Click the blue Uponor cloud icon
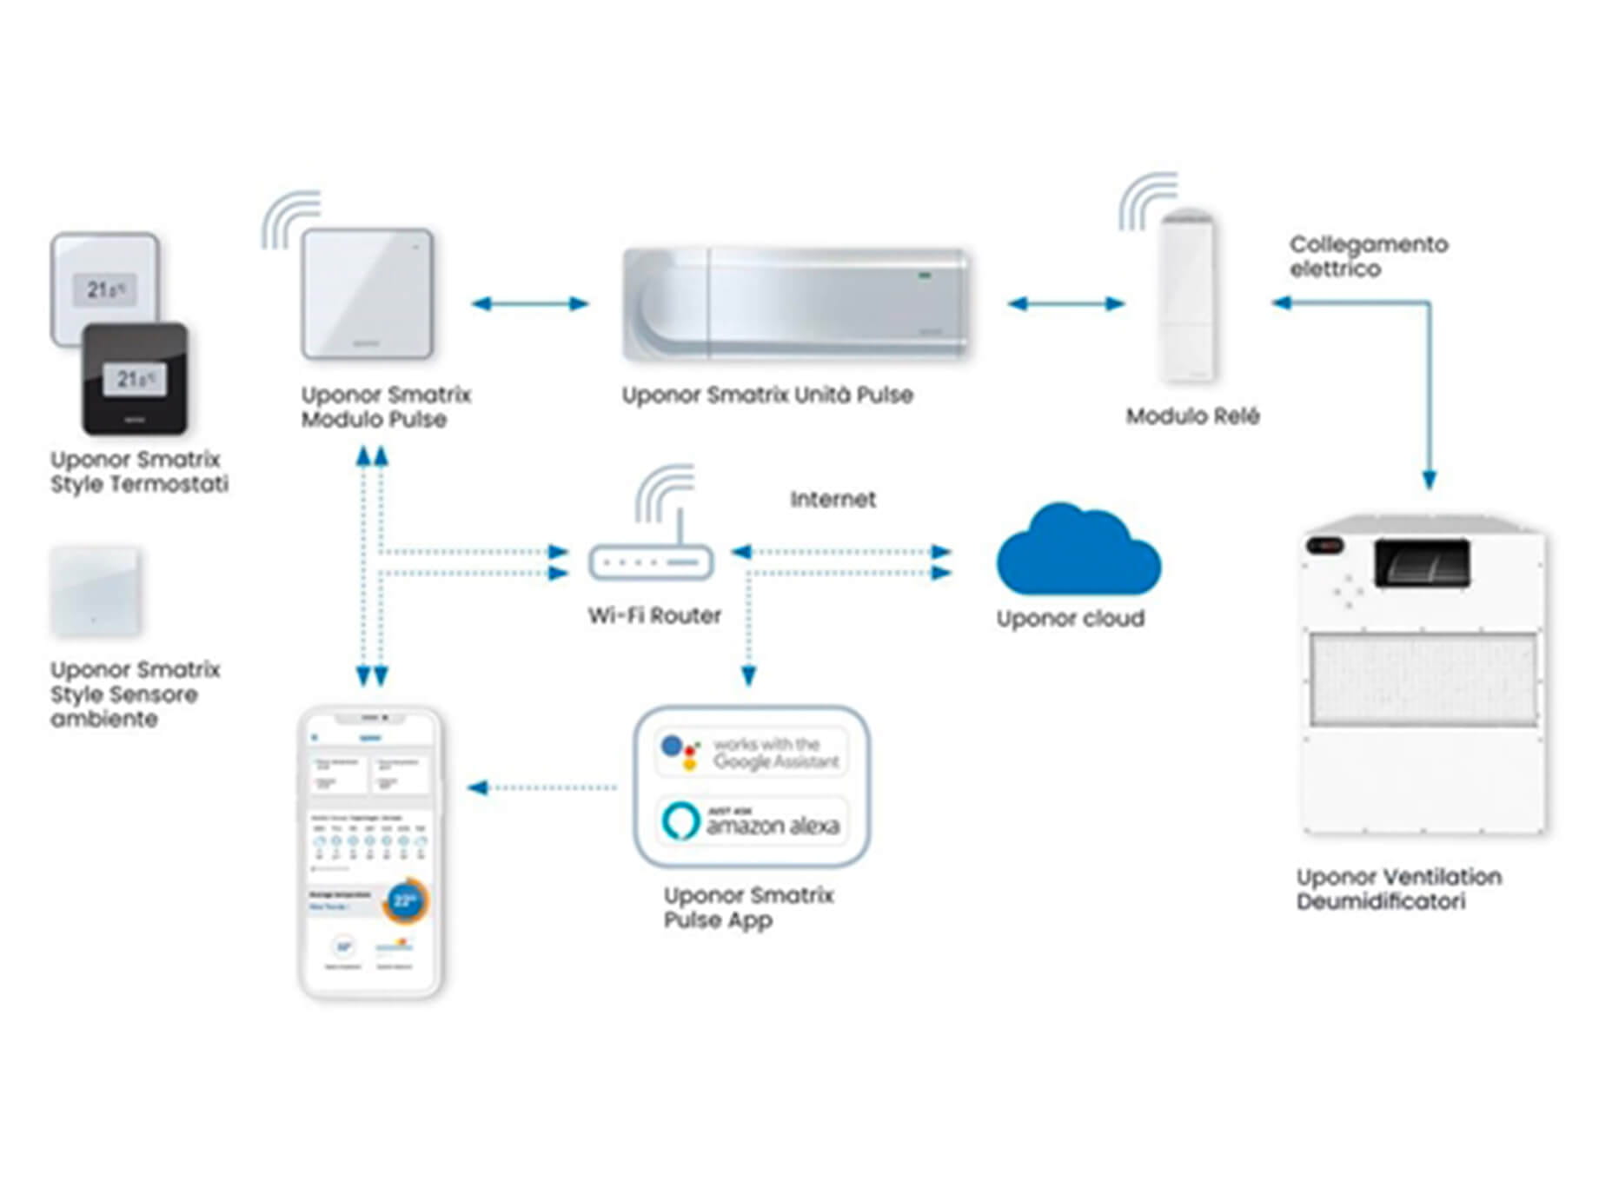point(1078,552)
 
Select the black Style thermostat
point(135,379)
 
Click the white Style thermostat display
point(106,289)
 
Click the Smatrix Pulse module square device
point(367,294)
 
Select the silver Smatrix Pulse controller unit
point(795,303)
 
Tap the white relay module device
point(1188,295)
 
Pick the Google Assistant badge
point(751,753)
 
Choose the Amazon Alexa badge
point(751,821)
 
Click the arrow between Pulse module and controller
point(529,303)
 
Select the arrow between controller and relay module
point(1065,303)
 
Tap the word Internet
point(833,499)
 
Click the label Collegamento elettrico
point(1368,256)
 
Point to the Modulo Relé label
point(1192,416)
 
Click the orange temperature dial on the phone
point(405,900)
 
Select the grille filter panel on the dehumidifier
point(1423,679)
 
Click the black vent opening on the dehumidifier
point(1423,562)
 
